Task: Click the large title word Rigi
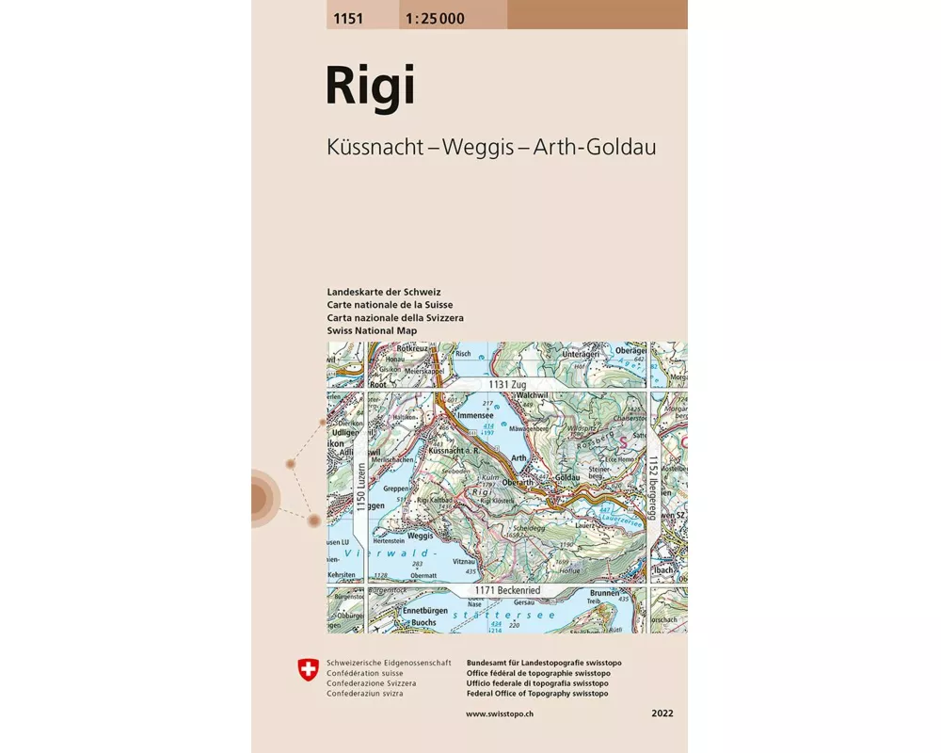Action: coord(369,87)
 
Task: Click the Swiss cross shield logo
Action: coord(308,669)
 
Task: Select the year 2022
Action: coord(662,714)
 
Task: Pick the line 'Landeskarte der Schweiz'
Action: coord(384,292)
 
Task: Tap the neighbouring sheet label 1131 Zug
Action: coord(504,385)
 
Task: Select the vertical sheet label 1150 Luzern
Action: coord(359,488)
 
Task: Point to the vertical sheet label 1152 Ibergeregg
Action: coord(651,488)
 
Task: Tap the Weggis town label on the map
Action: coord(420,535)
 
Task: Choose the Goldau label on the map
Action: coord(566,478)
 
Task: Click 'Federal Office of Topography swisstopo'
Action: coord(536,694)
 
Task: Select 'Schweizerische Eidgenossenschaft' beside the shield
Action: coord(389,663)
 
